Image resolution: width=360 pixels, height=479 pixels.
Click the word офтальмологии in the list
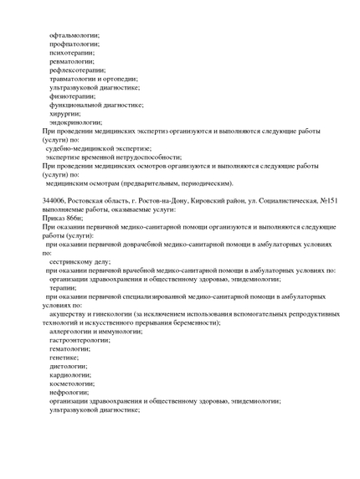75,34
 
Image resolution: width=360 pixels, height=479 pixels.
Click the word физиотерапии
72,96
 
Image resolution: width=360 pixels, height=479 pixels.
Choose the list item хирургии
65,114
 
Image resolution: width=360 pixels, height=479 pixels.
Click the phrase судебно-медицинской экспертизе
100,148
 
